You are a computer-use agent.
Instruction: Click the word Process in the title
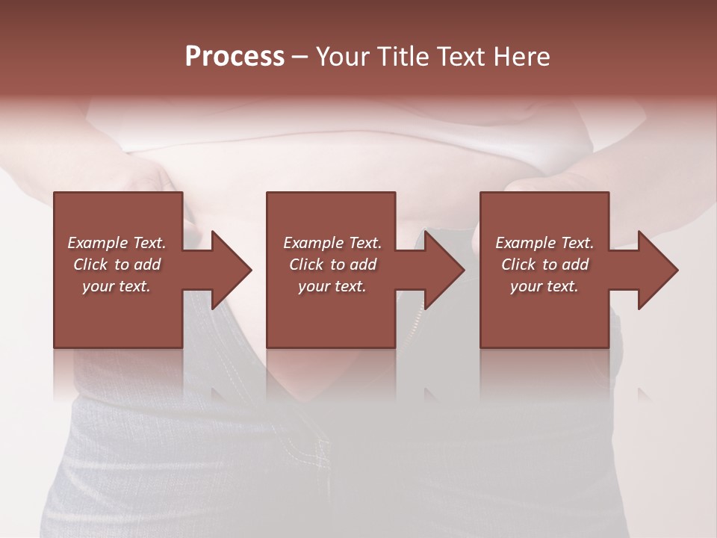(235, 57)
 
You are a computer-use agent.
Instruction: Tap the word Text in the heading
(459, 57)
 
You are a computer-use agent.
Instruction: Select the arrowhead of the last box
(657, 270)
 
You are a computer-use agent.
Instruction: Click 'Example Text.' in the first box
(117, 243)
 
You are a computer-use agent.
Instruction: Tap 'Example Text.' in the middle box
(332, 243)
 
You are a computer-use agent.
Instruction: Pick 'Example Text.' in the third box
(544, 243)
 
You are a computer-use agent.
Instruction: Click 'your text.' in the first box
(117, 286)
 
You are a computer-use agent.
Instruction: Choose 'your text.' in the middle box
(332, 286)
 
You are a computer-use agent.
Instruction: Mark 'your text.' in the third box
(544, 286)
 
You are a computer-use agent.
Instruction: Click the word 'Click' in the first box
(90, 265)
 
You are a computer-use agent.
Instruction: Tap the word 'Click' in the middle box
(305, 265)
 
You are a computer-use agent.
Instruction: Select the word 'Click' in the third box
(518, 265)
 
